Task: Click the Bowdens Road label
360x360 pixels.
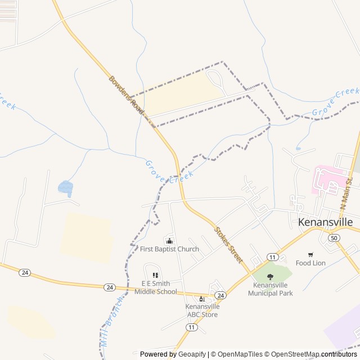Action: (x=127, y=96)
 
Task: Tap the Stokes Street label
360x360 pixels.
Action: (x=228, y=245)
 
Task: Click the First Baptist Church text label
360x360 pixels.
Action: (x=169, y=249)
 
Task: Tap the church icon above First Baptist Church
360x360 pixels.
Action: (x=169, y=241)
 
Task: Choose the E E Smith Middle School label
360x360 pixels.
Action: (x=155, y=287)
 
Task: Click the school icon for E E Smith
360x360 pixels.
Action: (x=155, y=275)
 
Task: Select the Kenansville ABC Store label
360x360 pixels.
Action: (x=202, y=310)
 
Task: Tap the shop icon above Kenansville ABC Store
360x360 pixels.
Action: (x=202, y=298)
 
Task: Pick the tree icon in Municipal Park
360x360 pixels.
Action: (x=271, y=276)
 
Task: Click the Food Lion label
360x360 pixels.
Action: (x=310, y=263)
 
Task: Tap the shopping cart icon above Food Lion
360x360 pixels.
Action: (x=310, y=254)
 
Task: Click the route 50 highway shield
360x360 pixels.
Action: (x=335, y=238)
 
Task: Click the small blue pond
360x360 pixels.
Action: (x=65, y=187)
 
